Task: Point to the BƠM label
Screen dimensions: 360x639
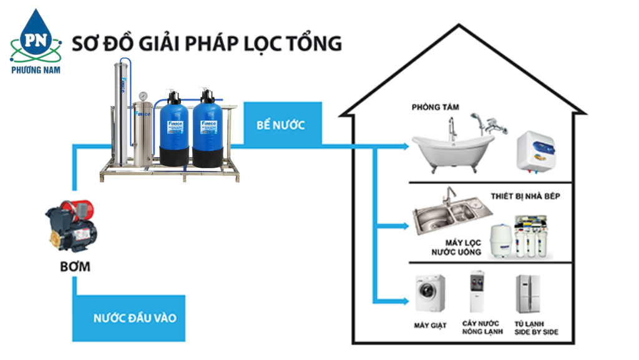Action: (x=75, y=267)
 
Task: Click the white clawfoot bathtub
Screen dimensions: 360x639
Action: (x=450, y=147)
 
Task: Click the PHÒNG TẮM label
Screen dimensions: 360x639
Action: (x=435, y=107)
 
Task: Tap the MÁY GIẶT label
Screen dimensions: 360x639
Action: (x=430, y=326)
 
